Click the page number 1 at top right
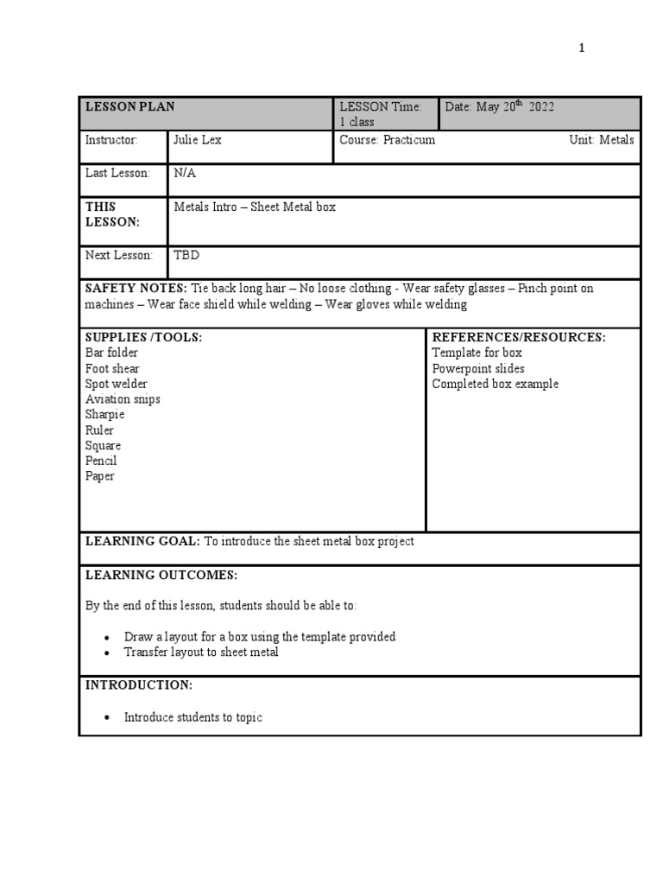pyautogui.click(x=582, y=48)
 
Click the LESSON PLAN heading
pyautogui.click(x=129, y=106)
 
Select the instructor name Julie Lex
pyautogui.click(x=198, y=140)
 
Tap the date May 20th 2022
pyautogui.click(x=500, y=106)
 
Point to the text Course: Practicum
pyautogui.click(x=388, y=140)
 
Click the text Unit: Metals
pyautogui.click(x=602, y=140)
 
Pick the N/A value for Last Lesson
pyautogui.click(x=185, y=173)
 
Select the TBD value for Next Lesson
pyautogui.click(x=186, y=255)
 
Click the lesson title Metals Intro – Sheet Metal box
pyautogui.click(x=255, y=207)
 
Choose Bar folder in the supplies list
pyautogui.click(x=111, y=353)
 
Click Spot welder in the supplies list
pyautogui.click(x=116, y=384)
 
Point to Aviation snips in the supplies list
pyautogui.click(x=123, y=399)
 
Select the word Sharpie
pyautogui.click(x=104, y=415)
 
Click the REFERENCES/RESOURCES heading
pyautogui.click(x=519, y=337)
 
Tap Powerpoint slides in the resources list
pyautogui.click(x=478, y=368)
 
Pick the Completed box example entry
pyautogui.click(x=496, y=384)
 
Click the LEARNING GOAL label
pyautogui.click(x=142, y=541)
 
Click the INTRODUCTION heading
pyautogui.click(x=138, y=684)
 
